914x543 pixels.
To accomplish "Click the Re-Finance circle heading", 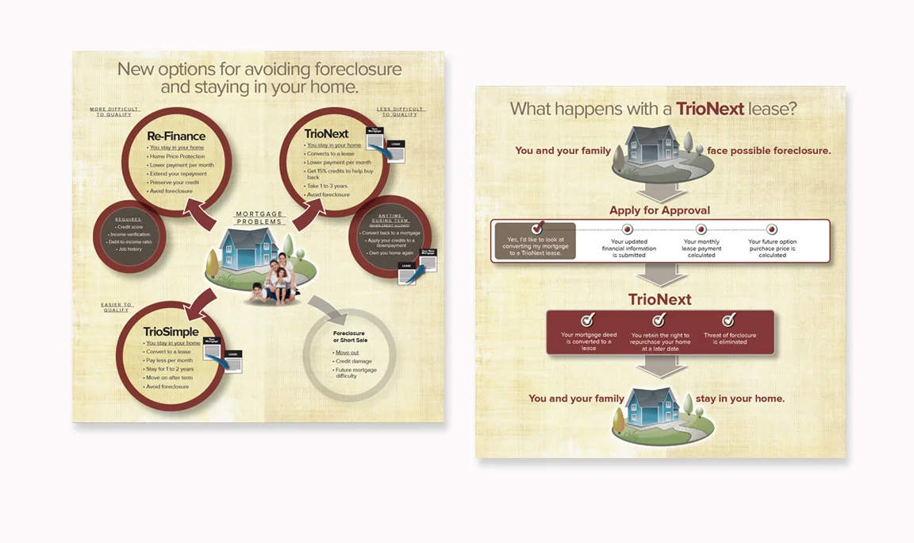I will point(176,137).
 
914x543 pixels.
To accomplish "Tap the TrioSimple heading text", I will point(171,331).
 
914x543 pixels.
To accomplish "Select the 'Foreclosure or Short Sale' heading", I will point(350,337).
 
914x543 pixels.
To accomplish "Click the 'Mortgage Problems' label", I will point(259,218).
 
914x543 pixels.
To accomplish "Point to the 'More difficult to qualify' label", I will point(115,112).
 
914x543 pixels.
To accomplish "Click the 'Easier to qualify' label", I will point(117,307).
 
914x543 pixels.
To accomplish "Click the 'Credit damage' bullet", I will point(353,361).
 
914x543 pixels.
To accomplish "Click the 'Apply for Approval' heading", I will point(659,210).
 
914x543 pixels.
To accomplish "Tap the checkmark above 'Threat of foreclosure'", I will point(728,320).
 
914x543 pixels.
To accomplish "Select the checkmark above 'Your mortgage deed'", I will point(588,320).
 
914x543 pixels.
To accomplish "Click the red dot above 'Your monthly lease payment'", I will point(701,229).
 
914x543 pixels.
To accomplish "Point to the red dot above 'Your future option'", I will point(771,229).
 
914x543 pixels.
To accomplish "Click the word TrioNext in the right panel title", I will point(709,109).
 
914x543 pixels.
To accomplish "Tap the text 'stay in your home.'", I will point(739,399).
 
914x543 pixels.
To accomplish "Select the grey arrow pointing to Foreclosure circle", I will point(325,307).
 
